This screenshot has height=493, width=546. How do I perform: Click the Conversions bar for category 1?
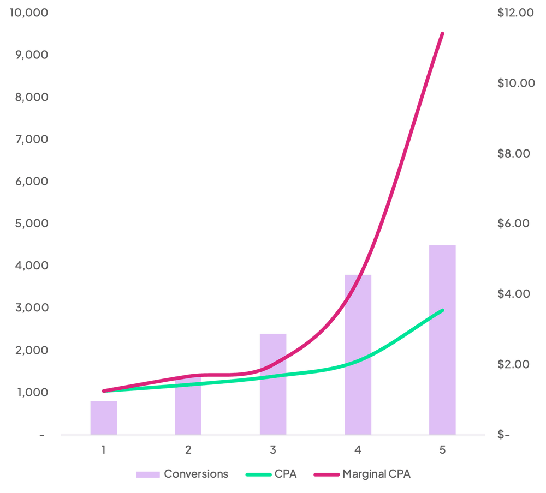[x=104, y=417]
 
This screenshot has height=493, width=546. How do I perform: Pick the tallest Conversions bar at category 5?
[x=442, y=339]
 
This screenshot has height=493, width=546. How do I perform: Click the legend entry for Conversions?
[x=182, y=474]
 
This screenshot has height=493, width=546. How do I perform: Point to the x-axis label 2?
[x=188, y=450]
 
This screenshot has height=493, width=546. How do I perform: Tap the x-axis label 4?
[x=358, y=450]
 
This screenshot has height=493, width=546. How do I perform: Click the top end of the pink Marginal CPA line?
[x=442, y=34]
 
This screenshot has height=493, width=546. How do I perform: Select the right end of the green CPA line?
[x=442, y=311]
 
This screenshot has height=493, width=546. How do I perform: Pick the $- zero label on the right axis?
[x=503, y=435]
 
